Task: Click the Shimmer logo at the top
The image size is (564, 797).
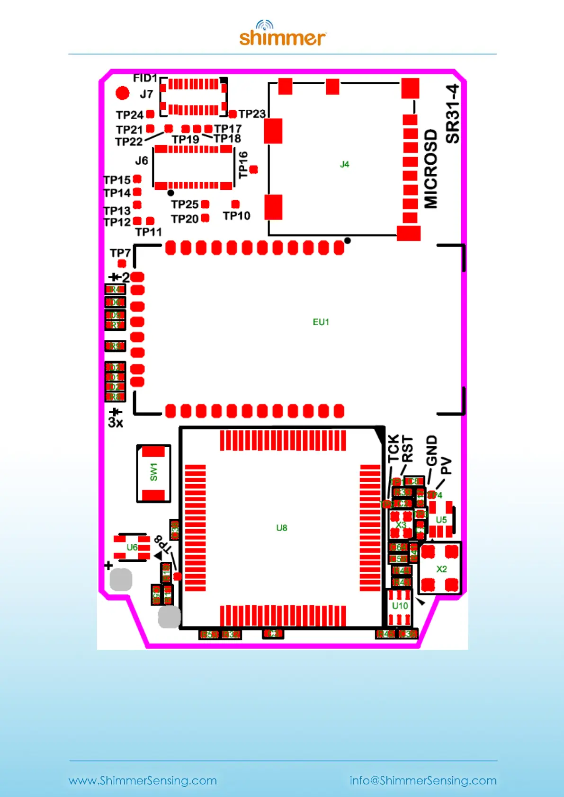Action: pyautogui.click(x=282, y=34)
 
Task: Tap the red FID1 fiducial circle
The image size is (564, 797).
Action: pyautogui.click(x=122, y=93)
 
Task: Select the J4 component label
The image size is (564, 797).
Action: pyautogui.click(x=344, y=164)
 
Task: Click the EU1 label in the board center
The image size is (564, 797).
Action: pyautogui.click(x=321, y=322)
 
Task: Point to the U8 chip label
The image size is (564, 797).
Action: pyautogui.click(x=281, y=528)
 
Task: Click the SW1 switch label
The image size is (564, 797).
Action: pyautogui.click(x=153, y=472)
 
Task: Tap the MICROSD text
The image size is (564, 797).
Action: pyautogui.click(x=430, y=168)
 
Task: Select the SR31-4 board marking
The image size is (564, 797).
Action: pyautogui.click(x=453, y=114)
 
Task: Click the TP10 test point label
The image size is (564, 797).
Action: pyautogui.click(x=236, y=216)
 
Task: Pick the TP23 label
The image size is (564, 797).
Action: pyautogui.click(x=252, y=114)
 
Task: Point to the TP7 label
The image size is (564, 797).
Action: pyautogui.click(x=120, y=253)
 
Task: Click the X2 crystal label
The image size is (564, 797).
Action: pyautogui.click(x=441, y=569)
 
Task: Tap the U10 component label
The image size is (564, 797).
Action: pyautogui.click(x=400, y=606)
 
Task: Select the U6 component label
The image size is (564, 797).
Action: pyautogui.click(x=132, y=548)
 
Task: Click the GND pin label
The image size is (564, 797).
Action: pyautogui.click(x=431, y=451)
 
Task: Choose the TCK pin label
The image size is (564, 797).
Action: pyautogui.click(x=394, y=449)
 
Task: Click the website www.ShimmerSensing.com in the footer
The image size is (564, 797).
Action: pyautogui.click(x=143, y=780)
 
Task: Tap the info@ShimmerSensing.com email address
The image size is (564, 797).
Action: pyautogui.click(x=423, y=780)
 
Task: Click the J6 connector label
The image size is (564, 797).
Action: pyautogui.click(x=142, y=161)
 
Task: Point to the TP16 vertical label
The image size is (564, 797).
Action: pyautogui.click(x=243, y=165)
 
